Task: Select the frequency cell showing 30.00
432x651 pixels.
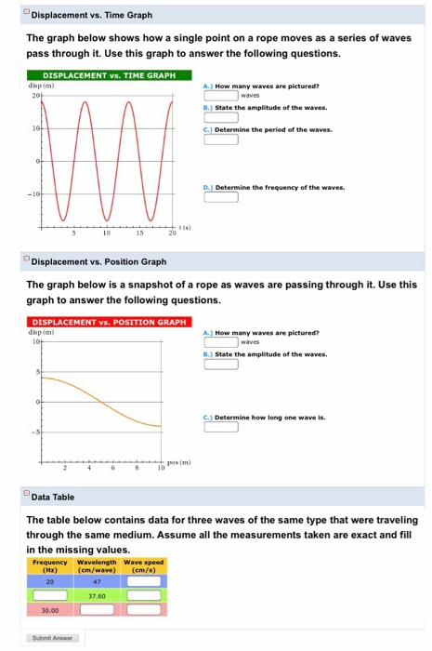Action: click(50, 611)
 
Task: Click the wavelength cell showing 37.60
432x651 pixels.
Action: click(97, 595)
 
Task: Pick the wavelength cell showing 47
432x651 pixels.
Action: click(97, 580)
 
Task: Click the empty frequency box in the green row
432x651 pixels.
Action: click(50, 595)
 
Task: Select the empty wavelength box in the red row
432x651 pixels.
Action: click(97, 611)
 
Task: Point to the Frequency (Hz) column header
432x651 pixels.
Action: click(50, 565)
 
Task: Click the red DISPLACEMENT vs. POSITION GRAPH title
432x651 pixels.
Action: click(102, 322)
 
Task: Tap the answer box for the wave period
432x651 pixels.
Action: click(221, 143)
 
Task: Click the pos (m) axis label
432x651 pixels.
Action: click(177, 461)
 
